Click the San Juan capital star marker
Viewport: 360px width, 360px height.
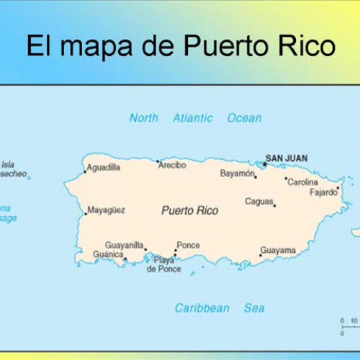264,164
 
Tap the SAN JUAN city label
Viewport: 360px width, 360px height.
287,158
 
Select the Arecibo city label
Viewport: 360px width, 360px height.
173,165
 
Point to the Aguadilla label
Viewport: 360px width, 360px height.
103,168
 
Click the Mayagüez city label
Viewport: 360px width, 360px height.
106,210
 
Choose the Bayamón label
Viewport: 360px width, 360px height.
238,174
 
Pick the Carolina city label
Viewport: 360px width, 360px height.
302,182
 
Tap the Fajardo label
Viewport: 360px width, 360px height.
323,192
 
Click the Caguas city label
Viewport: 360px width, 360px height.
259,202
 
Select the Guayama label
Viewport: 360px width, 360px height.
278,250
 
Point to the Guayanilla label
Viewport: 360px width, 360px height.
125,245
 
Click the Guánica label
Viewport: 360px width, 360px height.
108,254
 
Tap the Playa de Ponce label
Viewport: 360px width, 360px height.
164,264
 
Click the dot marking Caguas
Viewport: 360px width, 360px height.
274,206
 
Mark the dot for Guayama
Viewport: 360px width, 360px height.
261,255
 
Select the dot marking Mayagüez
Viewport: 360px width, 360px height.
85,213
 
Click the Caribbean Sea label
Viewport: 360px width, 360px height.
220,308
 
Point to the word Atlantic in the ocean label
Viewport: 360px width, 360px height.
192,117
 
